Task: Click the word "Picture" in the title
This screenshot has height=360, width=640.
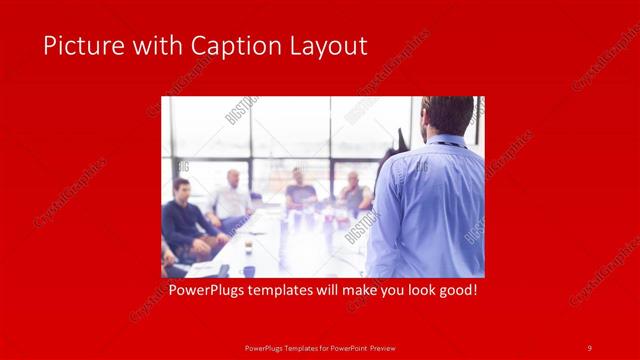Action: [x=79, y=46]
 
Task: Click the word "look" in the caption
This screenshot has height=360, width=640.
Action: [x=414, y=291]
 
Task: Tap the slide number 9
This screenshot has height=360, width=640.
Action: [x=590, y=347]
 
